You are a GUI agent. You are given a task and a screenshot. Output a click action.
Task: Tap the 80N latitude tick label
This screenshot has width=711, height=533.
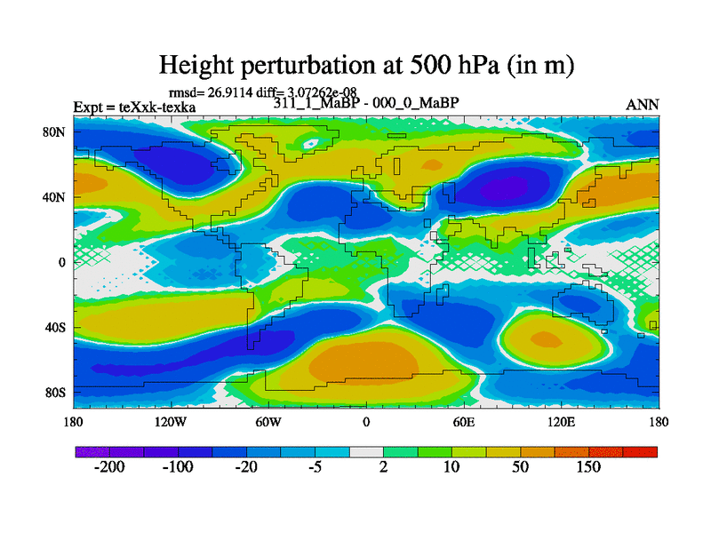57,131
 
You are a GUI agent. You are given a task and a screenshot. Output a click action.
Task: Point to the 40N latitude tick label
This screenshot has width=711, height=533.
57,196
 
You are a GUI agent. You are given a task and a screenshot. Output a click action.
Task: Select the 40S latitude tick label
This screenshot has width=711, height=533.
58,327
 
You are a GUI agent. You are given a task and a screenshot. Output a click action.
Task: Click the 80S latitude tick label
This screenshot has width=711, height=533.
58,393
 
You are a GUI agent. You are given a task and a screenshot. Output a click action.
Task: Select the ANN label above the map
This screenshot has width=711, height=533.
643,105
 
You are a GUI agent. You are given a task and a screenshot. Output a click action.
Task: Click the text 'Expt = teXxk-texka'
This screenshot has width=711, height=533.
134,107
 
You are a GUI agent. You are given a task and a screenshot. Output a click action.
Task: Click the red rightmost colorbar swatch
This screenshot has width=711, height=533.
646,452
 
